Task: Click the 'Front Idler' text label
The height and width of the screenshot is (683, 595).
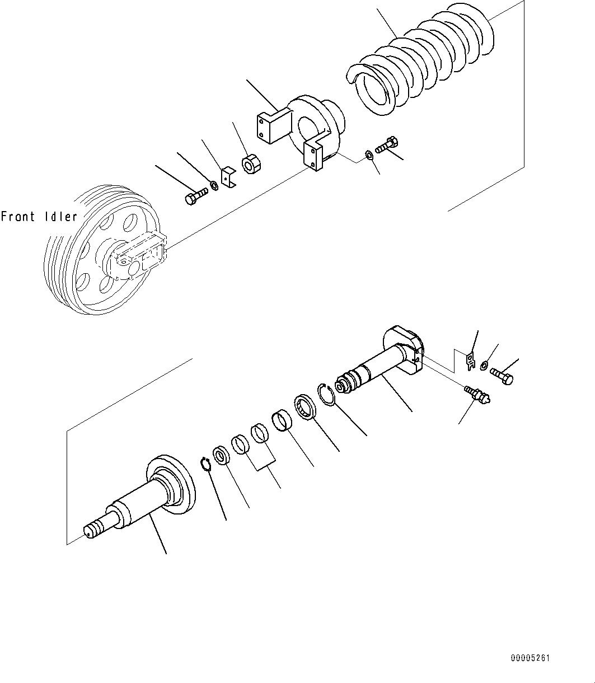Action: coord(39,217)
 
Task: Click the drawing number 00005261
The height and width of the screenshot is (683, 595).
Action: coord(530,659)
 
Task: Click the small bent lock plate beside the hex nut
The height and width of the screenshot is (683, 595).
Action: coord(228,176)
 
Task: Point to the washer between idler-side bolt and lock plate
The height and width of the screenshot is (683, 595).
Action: coord(214,185)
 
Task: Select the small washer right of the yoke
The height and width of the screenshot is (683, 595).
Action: coord(369,155)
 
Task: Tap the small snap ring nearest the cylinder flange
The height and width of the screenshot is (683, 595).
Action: coord(206,464)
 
